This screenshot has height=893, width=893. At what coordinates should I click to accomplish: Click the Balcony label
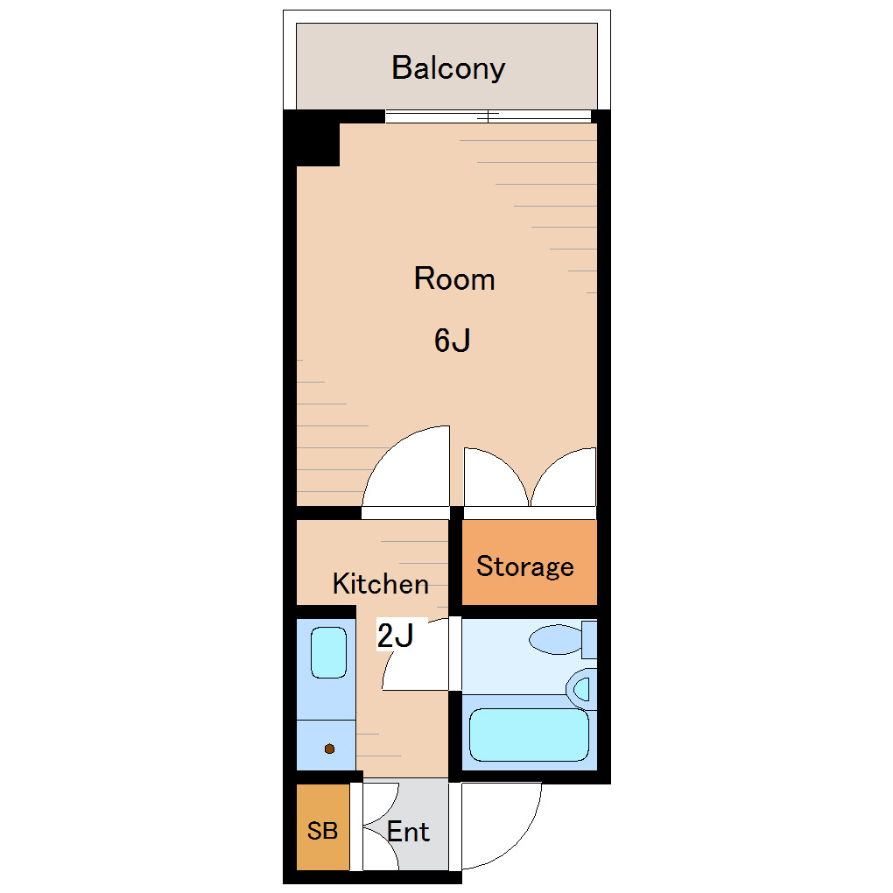click(x=448, y=68)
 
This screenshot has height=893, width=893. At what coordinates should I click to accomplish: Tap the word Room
click(x=454, y=278)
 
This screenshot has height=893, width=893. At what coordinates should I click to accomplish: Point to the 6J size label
click(x=453, y=340)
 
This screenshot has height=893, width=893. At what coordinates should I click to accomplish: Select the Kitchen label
click(x=381, y=584)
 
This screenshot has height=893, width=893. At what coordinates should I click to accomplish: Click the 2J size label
click(x=395, y=636)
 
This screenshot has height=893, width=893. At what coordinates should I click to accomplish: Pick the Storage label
click(x=525, y=566)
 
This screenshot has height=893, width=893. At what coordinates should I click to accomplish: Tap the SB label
click(x=322, y=831)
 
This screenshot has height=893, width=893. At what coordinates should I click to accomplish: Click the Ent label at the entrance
click(x=408, y=832)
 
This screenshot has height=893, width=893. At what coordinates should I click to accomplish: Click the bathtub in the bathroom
click(x=529, y=735)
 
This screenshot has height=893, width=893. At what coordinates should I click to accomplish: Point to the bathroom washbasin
click(x=581, y=689)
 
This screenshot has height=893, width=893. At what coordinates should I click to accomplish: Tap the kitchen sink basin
click(x=328, y=652)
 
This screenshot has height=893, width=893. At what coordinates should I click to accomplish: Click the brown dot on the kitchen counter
click(x=329, y=749)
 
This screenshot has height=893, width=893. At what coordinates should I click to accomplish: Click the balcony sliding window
click(x=488, y=116)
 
